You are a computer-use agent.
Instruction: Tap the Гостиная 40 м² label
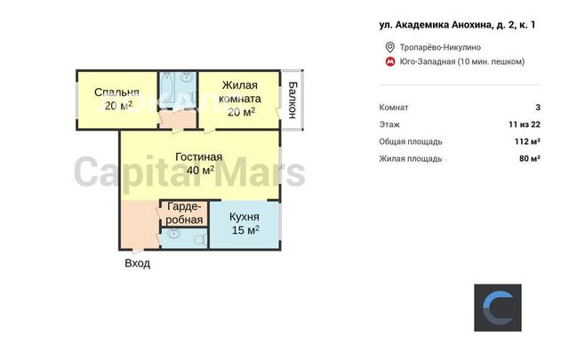click(199, 164)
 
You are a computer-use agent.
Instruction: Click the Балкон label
click(293, 100)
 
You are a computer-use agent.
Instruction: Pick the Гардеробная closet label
click(184, 213)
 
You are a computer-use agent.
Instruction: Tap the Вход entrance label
click(138, 263)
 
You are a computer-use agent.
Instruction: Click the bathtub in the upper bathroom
click(168, 87)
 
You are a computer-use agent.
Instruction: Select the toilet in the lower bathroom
click(200, 239)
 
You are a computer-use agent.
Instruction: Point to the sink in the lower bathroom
click(174, 233)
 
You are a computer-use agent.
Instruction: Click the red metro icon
click(390, 61)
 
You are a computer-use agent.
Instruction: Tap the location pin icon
click(389, 47)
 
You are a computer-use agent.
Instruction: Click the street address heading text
click(457, 25)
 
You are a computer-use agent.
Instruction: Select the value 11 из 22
click(525, 124)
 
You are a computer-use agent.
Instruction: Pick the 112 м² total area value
click(527, 141)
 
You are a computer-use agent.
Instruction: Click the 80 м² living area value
click(530, 158)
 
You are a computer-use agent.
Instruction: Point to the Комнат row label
click(394, 108)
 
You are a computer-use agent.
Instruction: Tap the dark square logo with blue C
click(498, 308)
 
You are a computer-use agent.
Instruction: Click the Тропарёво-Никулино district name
click(440, 47)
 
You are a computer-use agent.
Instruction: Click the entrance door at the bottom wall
click(138, 251)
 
